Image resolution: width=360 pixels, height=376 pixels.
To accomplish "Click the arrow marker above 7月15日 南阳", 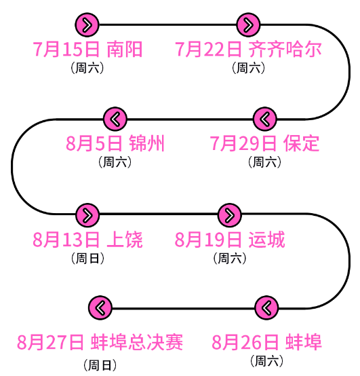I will [x=87, y=25].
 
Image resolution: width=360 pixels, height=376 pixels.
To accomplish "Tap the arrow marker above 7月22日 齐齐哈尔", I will [x=249, y=25].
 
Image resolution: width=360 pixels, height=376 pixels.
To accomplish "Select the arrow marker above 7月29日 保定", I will [x=265, y=119].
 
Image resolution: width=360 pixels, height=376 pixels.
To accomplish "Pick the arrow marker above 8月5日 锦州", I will [x=115, y=119].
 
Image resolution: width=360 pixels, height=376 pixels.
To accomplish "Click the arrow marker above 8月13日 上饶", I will [x=87, y=215].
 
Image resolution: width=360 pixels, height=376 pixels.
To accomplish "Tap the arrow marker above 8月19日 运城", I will [x=229, y=215].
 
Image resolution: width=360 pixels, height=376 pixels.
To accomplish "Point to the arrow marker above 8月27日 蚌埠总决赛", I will [x=100, y=308].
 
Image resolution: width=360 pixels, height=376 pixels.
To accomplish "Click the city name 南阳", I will [x=125, y=50].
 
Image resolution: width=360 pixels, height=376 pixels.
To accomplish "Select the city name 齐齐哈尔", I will [x=285, y=50].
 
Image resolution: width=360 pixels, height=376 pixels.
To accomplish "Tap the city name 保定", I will [x=301, y=143].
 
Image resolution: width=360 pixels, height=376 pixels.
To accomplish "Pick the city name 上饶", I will [x=125, y=240].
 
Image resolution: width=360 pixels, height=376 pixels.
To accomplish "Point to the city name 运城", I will [x=266, y=240].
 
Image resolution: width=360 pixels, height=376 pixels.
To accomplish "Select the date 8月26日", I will [x=245, y=341].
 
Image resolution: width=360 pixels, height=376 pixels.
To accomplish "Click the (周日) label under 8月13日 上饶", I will [x=87, y=257].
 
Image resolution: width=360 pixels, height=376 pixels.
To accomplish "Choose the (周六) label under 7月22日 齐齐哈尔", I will [x=248, y=67].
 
